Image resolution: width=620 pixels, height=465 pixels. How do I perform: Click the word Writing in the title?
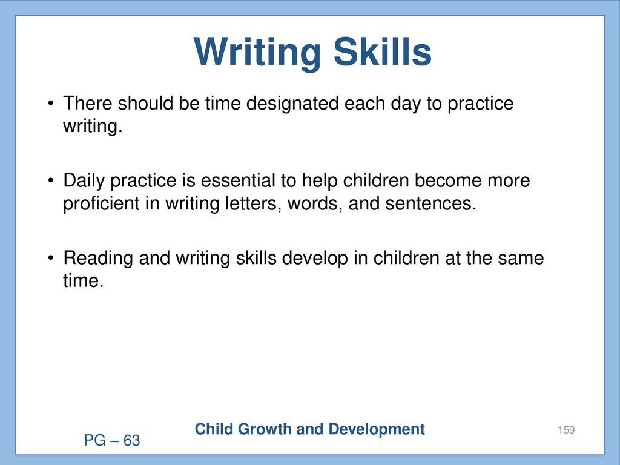tap(257, 53)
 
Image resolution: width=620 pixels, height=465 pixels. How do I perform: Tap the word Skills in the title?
tap(383, 51)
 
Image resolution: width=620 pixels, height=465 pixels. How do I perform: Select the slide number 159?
tap(566, 430)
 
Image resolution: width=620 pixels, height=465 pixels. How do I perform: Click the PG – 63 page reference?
tap(112, 440)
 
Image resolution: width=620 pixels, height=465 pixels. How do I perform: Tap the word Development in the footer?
tap(377, 430)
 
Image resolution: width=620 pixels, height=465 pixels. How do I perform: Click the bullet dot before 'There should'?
tap(50, 104)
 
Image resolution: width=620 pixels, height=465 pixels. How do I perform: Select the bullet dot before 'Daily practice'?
tap(50, 181)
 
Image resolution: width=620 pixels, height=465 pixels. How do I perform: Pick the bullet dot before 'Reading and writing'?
tap(50, 259)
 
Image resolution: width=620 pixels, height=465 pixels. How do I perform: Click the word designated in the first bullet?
tap(292, 104)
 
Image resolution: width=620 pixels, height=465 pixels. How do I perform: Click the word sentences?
tap(431, 204)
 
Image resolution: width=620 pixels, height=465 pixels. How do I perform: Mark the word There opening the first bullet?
tap(88, 103)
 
